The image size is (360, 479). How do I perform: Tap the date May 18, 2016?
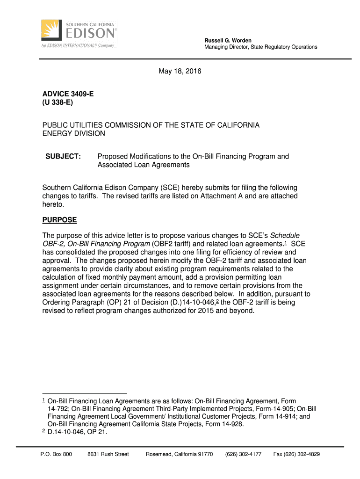(180, 72)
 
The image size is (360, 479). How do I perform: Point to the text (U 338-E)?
(58, 103)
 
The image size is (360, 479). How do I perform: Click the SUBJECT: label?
(63, 157)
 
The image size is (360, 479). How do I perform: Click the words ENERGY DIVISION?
(74, 134)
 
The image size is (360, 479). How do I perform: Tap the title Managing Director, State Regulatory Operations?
(260, 47)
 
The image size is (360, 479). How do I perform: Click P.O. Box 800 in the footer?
(56, 454)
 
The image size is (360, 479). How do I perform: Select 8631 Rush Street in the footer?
(108, 454)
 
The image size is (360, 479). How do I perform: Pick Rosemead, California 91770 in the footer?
(180, 454)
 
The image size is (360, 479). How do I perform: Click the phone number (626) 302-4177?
(243, 454)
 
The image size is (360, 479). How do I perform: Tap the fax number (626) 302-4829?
(296, 454)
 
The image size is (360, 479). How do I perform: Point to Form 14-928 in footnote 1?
(224, 424)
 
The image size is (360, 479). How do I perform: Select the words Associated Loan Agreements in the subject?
(143, 165)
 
